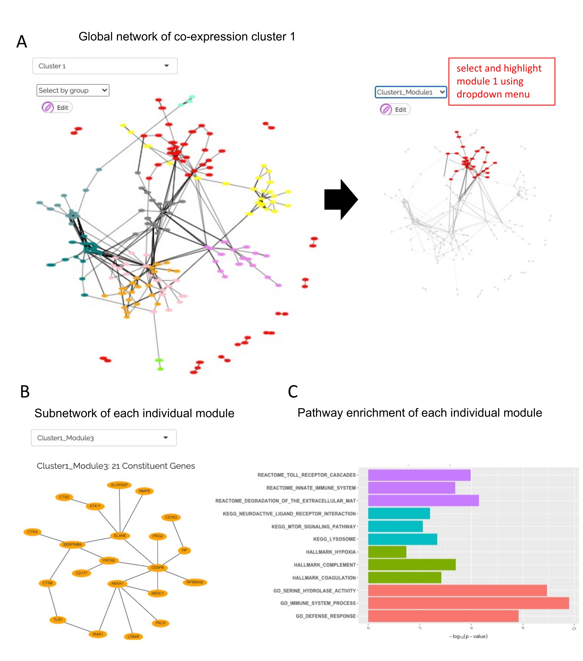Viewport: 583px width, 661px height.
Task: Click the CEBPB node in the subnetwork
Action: tap(157, 568)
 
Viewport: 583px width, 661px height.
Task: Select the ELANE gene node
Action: tap(120, 536)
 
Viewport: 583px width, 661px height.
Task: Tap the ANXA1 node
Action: tap(117, 583)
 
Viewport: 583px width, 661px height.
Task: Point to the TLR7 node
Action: tap(58, 620)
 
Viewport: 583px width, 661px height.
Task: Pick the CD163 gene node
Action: tap(171, 517)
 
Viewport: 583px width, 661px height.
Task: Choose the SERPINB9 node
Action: tap(72, 545)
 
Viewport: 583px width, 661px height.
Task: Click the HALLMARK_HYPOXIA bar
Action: tap(387, 552)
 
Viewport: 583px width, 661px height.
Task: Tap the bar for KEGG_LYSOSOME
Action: tap(402, 539)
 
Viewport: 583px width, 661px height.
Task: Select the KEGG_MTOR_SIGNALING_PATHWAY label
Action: tap(313, 527)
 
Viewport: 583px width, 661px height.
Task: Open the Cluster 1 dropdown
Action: tap(105, 66)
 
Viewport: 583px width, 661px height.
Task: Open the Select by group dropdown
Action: tap(73, 90)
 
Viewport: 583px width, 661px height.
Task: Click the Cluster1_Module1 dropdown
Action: tap(410, 92)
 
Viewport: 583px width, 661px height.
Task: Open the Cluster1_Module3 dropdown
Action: tap(104, 438)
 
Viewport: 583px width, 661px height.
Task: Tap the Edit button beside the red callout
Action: tap(395, 110)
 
